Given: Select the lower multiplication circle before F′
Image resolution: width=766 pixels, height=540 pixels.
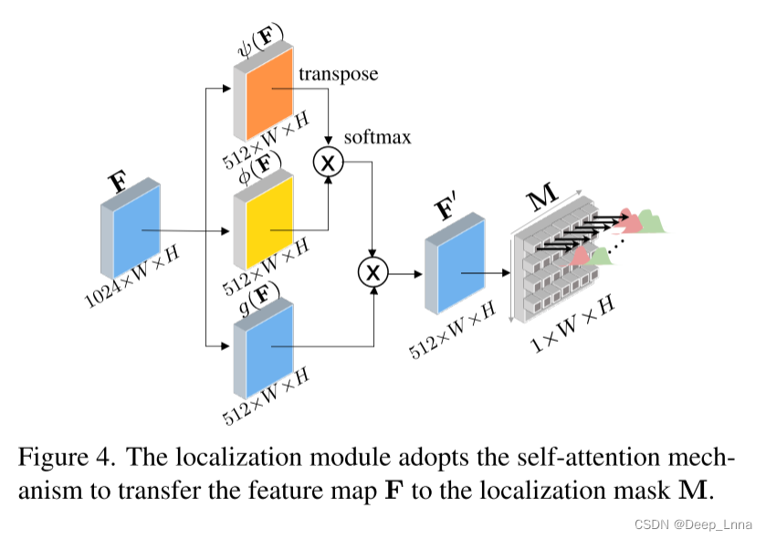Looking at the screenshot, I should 373,271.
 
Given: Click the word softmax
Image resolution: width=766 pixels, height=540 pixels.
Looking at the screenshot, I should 377,138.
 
